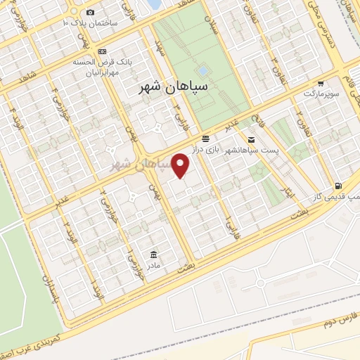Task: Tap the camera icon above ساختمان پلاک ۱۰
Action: (x=90, y=12)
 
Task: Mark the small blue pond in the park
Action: (x=203, y=71)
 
